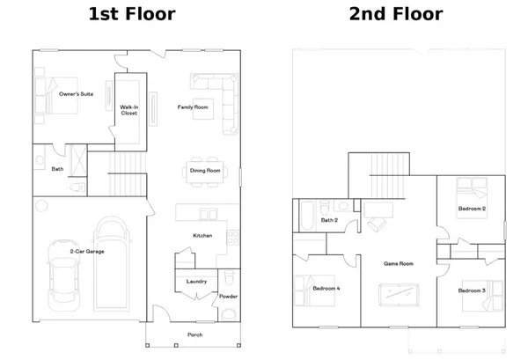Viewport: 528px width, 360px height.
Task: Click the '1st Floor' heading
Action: [132, 14]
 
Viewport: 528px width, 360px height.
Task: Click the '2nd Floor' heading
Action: [395, 14]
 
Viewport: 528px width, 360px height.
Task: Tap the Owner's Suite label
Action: [77, 93]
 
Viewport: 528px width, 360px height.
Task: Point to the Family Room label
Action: [193, 107]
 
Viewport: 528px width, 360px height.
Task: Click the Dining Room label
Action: [205, 172]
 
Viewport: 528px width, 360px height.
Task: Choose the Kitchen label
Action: [203, 236]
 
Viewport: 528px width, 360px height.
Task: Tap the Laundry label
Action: [196, 282]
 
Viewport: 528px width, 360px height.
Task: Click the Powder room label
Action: [228, 297]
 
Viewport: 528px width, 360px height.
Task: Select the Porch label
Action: [195, 335]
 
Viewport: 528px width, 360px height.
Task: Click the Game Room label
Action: [399, 263]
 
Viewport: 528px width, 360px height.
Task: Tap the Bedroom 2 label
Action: [472, 209]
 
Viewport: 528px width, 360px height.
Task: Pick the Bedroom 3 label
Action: [472, 290]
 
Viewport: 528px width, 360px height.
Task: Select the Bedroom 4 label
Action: [326, 289]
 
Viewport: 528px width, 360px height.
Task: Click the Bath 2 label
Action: [330, 220]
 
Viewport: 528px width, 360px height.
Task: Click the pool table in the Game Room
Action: [399, 294]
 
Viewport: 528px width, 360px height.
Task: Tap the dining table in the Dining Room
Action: [205, 172]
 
